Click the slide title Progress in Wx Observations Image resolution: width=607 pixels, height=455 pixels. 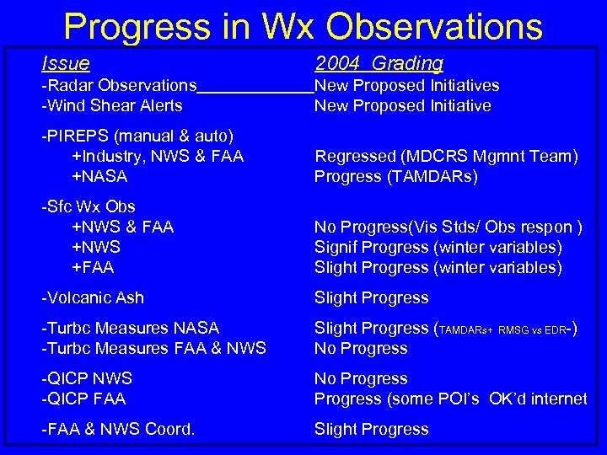tap(303, 26)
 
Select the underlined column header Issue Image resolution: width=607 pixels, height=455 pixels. tap(66, 63)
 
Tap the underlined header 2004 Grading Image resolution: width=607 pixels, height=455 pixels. tap(379, 63)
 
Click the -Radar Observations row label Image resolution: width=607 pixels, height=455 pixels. tap(119, 85)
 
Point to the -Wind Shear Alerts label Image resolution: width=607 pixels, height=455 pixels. tap(112, 105)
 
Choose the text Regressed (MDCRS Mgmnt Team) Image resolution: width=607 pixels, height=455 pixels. tap(446, 156)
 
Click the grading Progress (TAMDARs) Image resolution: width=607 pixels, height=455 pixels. tap(395, 176)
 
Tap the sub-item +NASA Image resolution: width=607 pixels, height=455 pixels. tap(99, 176)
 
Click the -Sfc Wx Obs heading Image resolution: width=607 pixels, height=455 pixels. tap(89, 206)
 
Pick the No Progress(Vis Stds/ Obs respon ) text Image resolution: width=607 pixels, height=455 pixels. tap(448, 227)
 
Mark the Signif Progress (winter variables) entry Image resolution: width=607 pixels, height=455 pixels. tap(438, 247)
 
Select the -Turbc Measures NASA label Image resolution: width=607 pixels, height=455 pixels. tap(130, 328)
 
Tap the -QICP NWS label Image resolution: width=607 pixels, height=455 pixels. tap(87, 378)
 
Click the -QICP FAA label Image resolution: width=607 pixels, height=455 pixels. tap(85, 399)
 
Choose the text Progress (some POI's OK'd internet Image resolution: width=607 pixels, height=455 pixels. tap(450, 399)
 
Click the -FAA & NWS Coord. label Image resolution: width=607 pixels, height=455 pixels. tap(118, 429)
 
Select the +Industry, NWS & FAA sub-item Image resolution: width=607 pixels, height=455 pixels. tap(158, 156)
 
